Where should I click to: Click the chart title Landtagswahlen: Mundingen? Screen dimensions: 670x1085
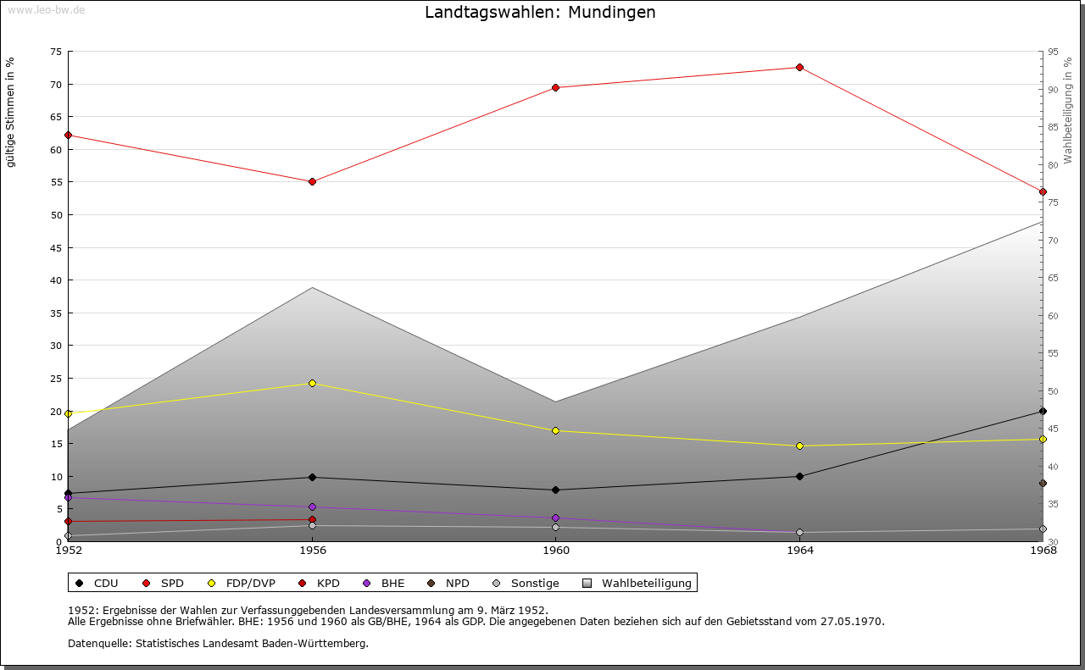[540, 13]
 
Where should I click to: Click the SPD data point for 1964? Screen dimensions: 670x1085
[799, 68]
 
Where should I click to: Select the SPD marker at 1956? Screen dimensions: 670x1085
[313, 181]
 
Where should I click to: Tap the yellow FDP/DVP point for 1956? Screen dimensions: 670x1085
[313, 383]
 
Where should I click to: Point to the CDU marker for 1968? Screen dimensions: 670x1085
[1043, 411]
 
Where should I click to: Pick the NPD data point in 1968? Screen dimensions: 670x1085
[1043, 484]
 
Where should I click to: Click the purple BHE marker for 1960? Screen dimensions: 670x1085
[556, 518]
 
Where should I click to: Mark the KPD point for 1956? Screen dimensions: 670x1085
[313, 519]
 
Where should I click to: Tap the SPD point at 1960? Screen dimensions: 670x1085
[556, 87]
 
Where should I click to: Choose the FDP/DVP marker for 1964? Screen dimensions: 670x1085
[799, 446]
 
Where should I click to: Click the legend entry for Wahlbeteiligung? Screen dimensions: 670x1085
[646, 583]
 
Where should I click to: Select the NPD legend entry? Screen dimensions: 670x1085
[457, 583]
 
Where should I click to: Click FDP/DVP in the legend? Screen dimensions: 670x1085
[250, 583]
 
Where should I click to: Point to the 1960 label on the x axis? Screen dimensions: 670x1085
[556, 551]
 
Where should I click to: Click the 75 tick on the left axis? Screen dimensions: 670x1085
[56, 52]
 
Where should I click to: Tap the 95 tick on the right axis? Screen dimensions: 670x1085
[1053, 52]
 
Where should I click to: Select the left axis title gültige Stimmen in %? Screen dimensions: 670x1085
[11, 112]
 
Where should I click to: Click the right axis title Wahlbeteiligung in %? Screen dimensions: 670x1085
[1068, 111]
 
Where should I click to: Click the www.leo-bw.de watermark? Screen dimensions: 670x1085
[45, 9]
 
